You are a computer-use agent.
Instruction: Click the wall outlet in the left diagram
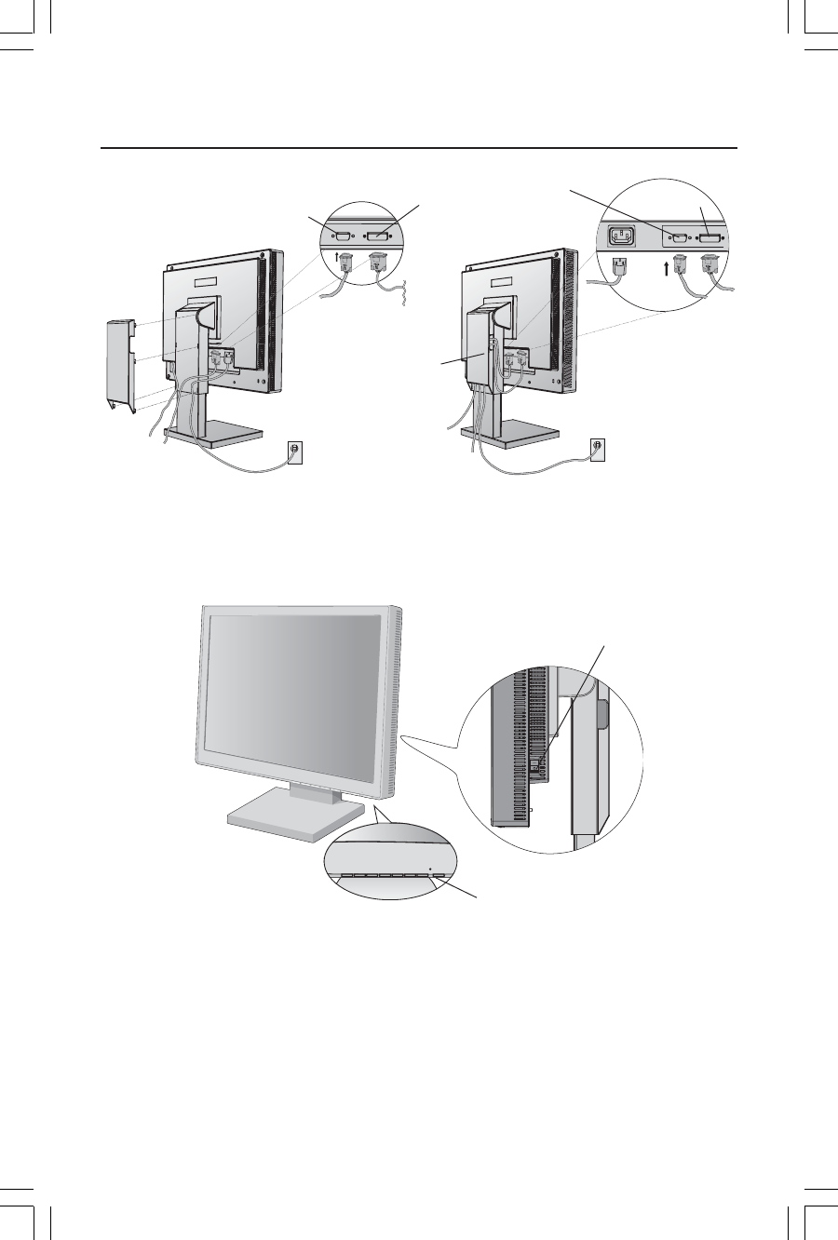pyautogui.click(x=295, y=450)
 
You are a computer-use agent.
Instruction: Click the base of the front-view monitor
pyautogui.click(x=293, y=815)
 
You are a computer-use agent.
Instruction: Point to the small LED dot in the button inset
pyautogui.click(x=429, y=869)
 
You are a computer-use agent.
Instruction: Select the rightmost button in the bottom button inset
pyautogui.click(x=439, y=876)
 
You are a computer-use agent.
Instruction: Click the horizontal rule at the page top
pyautogui.click(x=419, y=148)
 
